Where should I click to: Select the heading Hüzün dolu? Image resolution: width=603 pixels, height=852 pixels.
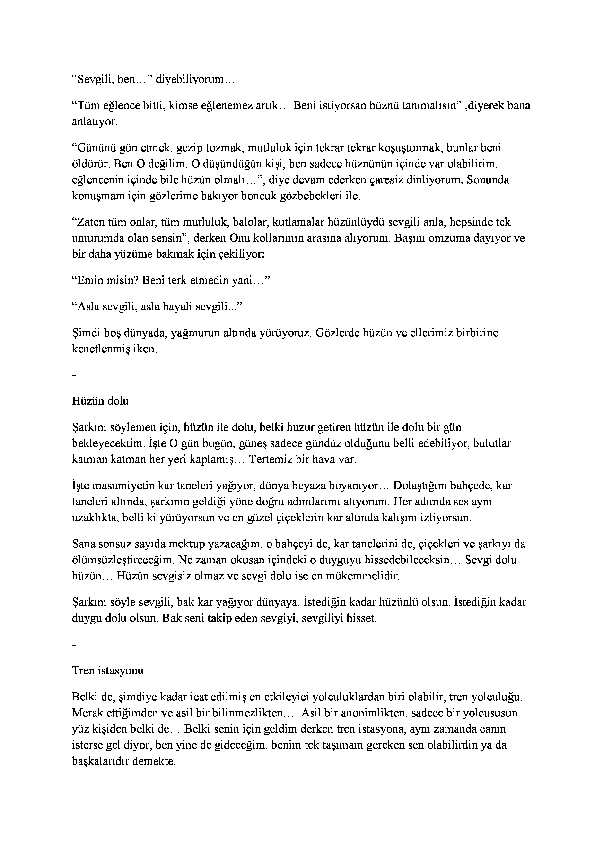[100, 401]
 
